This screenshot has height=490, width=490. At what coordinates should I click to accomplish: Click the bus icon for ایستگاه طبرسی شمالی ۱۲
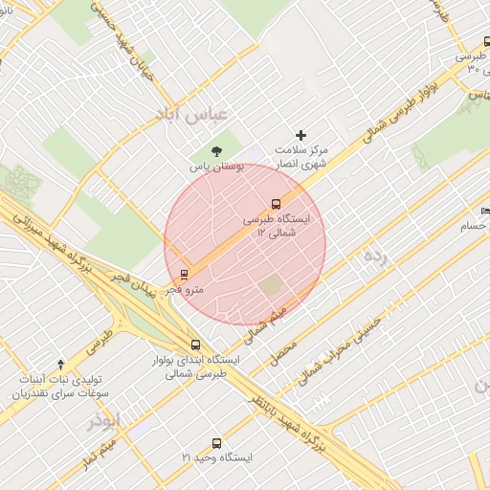(x=276, y=204)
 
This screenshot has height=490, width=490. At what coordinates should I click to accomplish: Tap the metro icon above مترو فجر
(x=185, y=274)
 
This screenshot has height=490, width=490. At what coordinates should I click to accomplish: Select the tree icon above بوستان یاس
(x=216, y=150)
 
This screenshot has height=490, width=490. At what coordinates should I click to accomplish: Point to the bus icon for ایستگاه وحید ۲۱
(x=216, y=443)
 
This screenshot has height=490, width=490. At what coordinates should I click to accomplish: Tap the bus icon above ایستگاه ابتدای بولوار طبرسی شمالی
(x=196, y=345)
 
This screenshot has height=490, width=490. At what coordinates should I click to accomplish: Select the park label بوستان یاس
(x=216, y=167)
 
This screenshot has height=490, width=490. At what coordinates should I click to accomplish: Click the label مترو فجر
(x=184, y=288)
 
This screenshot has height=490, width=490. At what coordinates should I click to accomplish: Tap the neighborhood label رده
(x=376, y=256)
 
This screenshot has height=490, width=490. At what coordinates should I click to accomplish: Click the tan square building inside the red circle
(x=272, y=285)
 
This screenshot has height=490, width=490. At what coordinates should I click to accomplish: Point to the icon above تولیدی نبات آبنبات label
(x=61, y=364)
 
